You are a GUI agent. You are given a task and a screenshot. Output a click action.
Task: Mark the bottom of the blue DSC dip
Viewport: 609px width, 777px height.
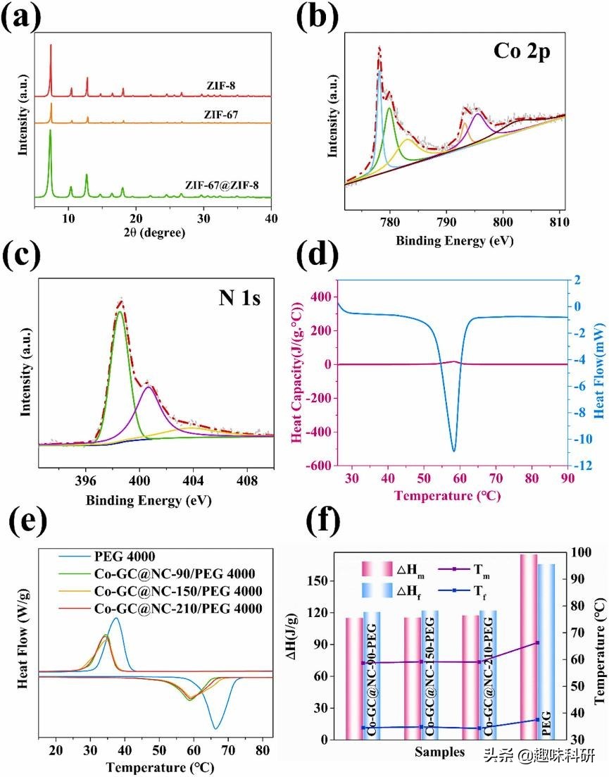point(453,450)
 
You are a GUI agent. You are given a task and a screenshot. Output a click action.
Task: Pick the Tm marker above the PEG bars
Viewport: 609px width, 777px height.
point(537,642)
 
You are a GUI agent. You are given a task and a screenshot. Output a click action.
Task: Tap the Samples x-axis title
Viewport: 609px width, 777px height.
point(439,752)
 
